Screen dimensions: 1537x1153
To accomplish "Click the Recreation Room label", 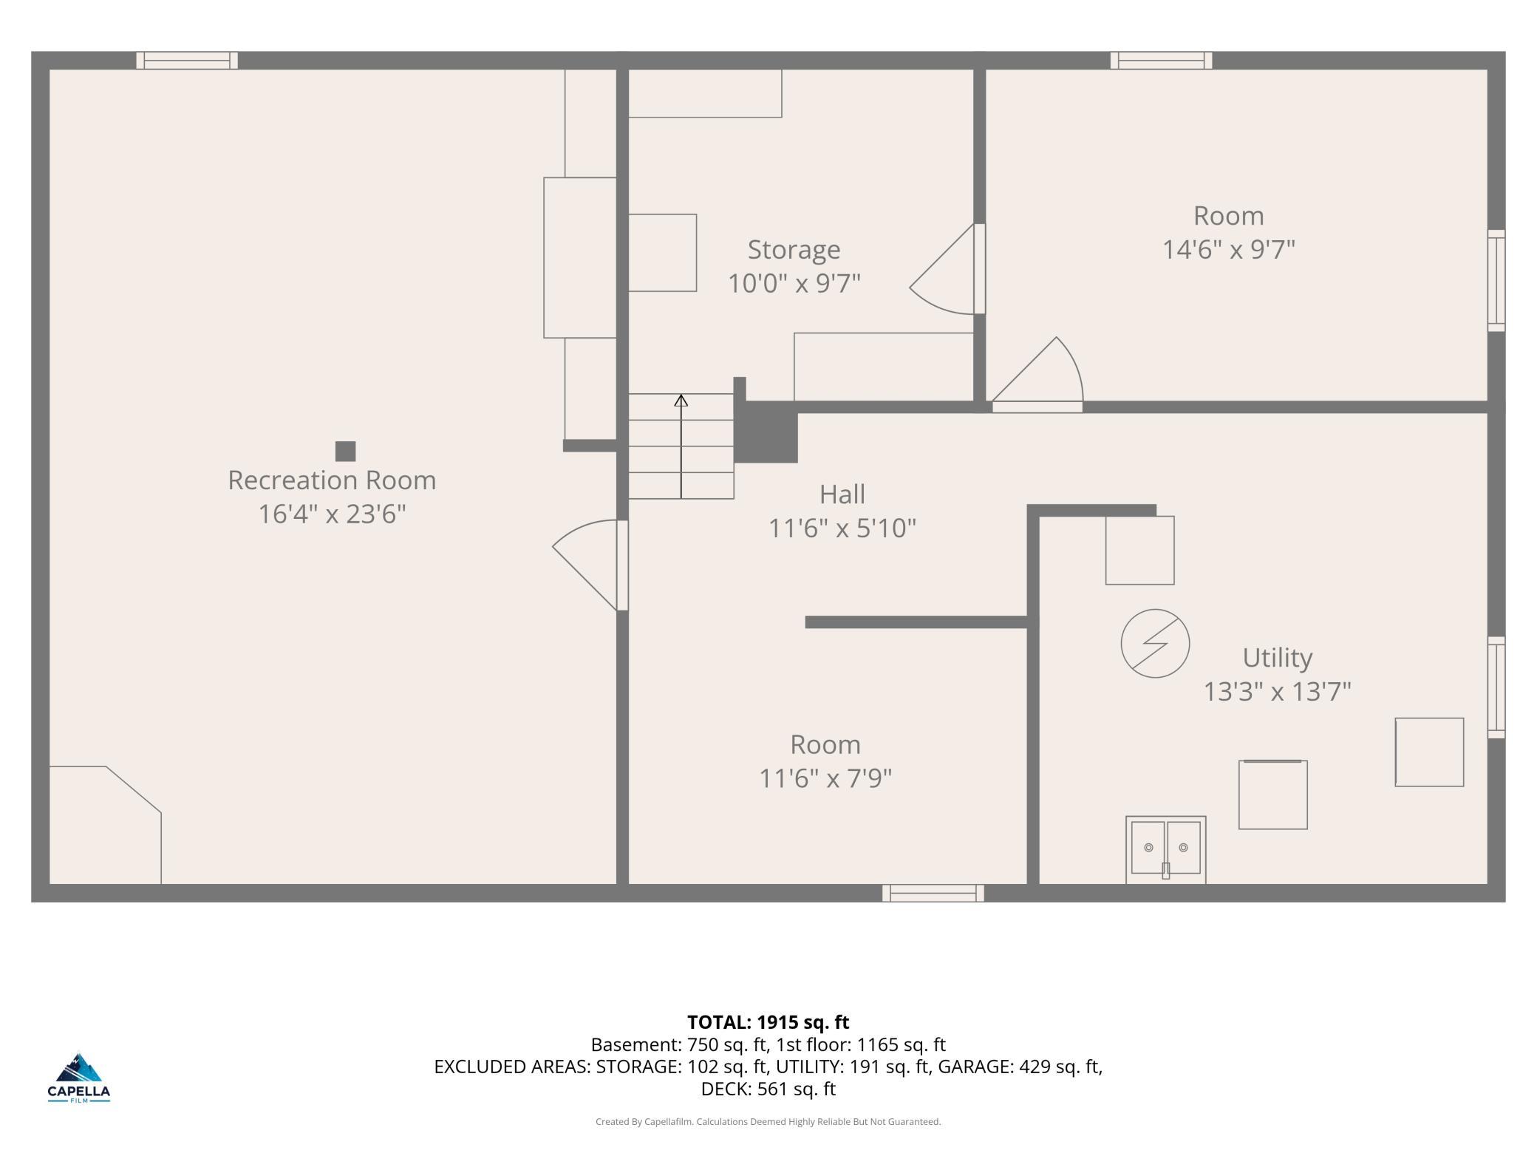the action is [332, 480].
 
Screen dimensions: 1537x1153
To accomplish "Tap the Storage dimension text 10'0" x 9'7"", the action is [794, 283].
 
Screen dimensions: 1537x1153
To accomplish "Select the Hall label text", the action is [842, 494].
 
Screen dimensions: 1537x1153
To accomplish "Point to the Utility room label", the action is [1277, 658].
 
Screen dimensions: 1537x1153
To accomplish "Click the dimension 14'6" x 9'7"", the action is [1229, 250].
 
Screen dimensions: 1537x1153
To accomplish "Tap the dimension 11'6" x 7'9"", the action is [825, 778].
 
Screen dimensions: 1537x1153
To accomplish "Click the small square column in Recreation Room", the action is [345, 451].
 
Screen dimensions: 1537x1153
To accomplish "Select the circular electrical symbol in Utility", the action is [1155, 643].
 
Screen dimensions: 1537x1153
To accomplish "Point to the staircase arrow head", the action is [681, 401].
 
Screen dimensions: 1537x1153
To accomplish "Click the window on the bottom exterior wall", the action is [933, 893].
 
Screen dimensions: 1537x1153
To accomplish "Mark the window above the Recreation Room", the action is [187, 61].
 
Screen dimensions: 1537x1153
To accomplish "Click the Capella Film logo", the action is [79, 1078].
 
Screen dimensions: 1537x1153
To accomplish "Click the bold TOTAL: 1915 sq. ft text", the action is [768, 1022].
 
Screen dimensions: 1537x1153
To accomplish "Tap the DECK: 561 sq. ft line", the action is [768, 1089].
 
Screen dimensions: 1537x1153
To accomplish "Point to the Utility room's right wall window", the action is [1496, 687].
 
